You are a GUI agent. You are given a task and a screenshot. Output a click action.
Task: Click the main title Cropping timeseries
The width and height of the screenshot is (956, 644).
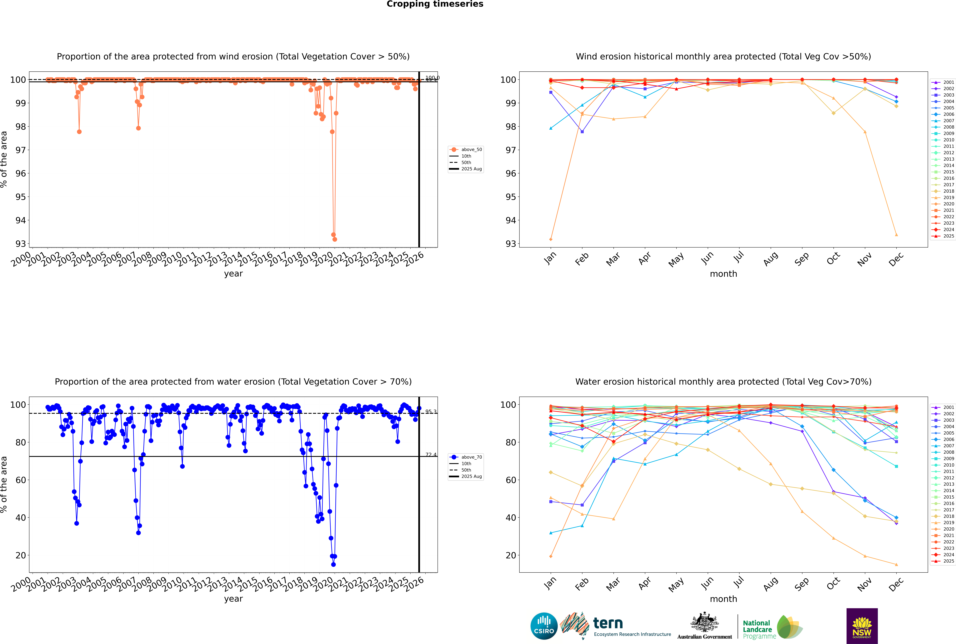435,4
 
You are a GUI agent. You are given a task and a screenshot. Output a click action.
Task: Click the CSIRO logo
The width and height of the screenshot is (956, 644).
544,626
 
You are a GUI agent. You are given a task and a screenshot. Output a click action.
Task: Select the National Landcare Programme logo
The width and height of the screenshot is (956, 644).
772,627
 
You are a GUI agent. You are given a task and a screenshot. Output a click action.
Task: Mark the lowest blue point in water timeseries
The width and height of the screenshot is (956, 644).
333,564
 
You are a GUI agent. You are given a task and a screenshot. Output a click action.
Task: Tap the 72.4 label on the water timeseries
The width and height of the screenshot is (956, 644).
431,455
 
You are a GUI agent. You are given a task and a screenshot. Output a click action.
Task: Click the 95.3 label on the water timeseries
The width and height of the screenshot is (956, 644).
431,411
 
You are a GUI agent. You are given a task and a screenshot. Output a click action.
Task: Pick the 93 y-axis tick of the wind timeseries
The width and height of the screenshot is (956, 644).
21,244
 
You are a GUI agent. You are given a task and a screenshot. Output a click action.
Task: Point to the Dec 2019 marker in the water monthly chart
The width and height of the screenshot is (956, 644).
896,564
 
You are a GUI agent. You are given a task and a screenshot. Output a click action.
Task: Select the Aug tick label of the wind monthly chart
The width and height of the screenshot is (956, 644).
770,259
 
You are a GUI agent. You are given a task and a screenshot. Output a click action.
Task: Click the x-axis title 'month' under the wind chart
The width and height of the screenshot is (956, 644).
723,274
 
